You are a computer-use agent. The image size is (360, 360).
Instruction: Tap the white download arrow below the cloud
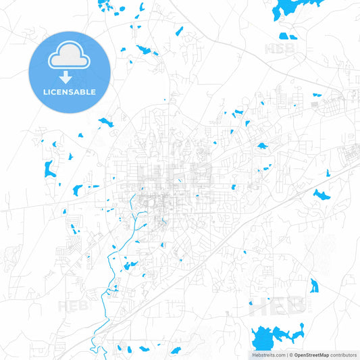tap(68, 78)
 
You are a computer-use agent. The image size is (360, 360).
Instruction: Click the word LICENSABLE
tap(69, 92)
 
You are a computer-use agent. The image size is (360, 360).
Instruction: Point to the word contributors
tap(343, 355)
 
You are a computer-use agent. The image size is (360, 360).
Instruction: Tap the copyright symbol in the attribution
tap(290, 355)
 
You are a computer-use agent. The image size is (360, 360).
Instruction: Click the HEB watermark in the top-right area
tap(276, 49)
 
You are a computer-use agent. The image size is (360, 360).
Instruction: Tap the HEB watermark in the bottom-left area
tap(71, 306)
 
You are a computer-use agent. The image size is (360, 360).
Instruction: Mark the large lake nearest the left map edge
tap(49, 169)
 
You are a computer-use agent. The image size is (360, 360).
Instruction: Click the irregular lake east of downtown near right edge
tap(321, 195)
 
